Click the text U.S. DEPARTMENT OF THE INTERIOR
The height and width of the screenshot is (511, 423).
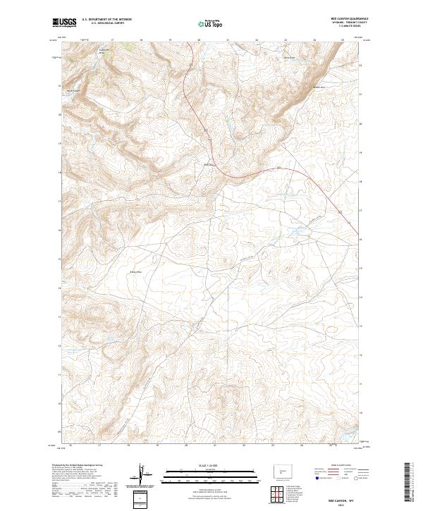106,19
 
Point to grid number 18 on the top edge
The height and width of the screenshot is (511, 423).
141,40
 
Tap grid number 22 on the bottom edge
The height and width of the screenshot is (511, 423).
243,445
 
